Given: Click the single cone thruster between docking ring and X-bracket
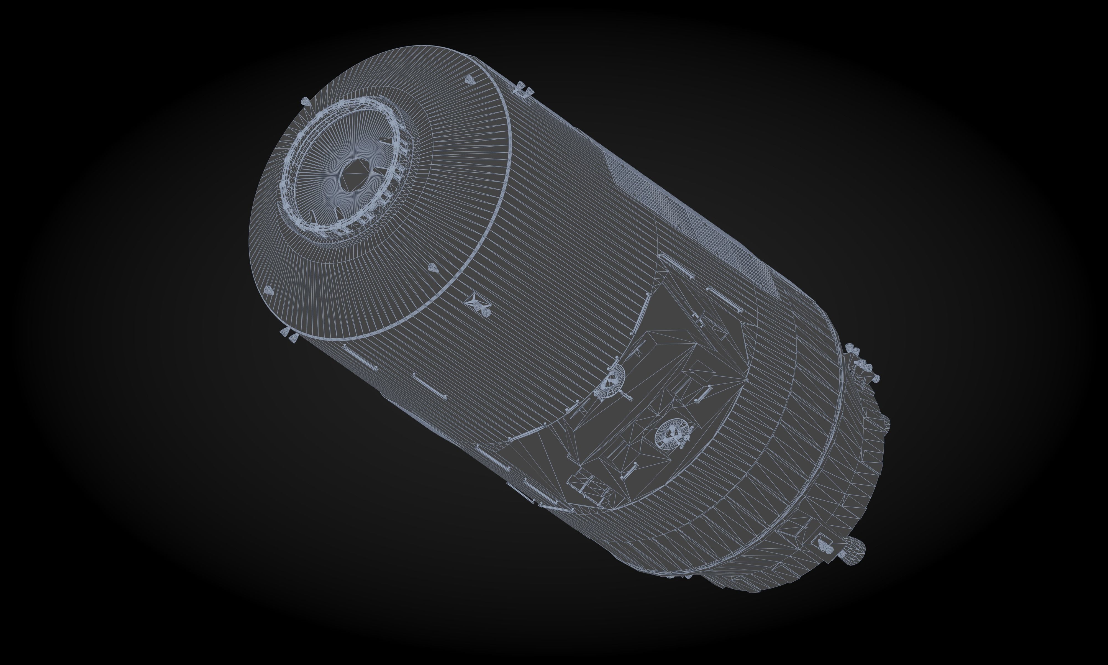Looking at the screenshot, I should pos(432,268).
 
